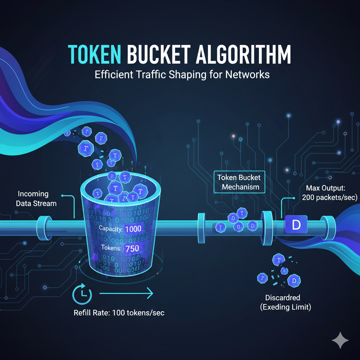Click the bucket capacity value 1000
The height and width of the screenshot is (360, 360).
(133, 229)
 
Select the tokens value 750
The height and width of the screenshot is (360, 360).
(132, 248)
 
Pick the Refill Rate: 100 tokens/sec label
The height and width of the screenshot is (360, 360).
(119, 313)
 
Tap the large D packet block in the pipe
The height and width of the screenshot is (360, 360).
(296, 225)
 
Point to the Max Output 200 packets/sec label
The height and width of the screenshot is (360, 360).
(329, 193)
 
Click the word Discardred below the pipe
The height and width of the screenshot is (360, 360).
(285, 297)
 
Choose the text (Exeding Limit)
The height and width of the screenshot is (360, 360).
(285, 307)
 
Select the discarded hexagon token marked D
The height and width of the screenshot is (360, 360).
(294, 281)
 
